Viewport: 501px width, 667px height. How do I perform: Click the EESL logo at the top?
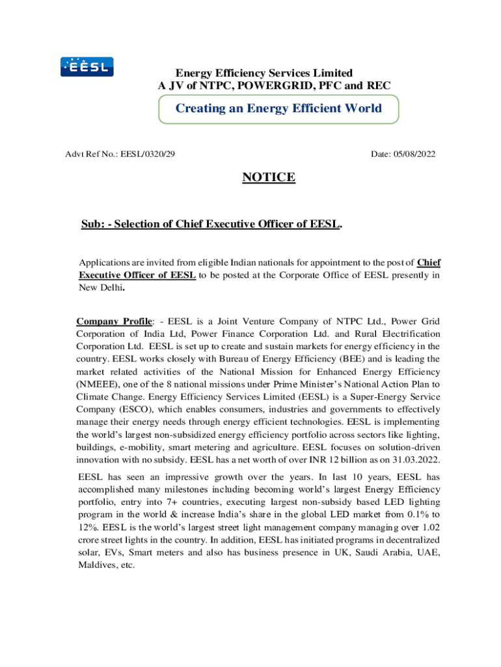[87, 67]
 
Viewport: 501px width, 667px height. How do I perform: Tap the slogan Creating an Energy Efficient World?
[278, 108]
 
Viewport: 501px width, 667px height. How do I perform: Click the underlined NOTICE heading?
[269, 177]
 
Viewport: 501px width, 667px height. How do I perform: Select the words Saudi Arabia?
[381, 552]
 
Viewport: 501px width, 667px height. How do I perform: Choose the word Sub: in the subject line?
[92, 225]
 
